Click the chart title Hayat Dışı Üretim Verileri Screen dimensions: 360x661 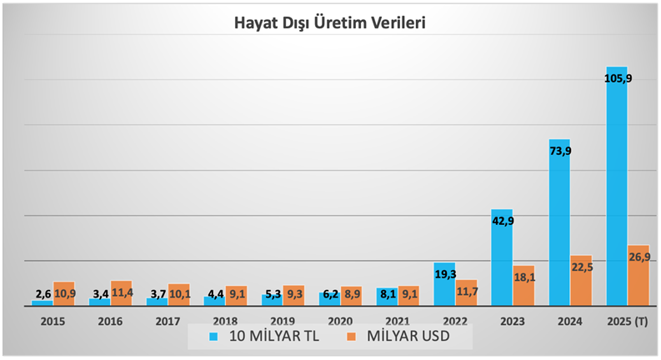pyautogui.click(x=329, y=22)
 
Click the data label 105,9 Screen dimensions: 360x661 pyautogui.click(x=617, y=79)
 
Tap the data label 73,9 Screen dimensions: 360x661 pyautogui.click(x=559, y=151)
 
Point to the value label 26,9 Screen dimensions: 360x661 pyautogui.click(x=638, y=257)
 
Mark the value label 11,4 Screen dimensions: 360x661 pyautogui.click(x=122, y=293)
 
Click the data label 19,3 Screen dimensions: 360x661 pyautogui.click(x=444, y=272)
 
